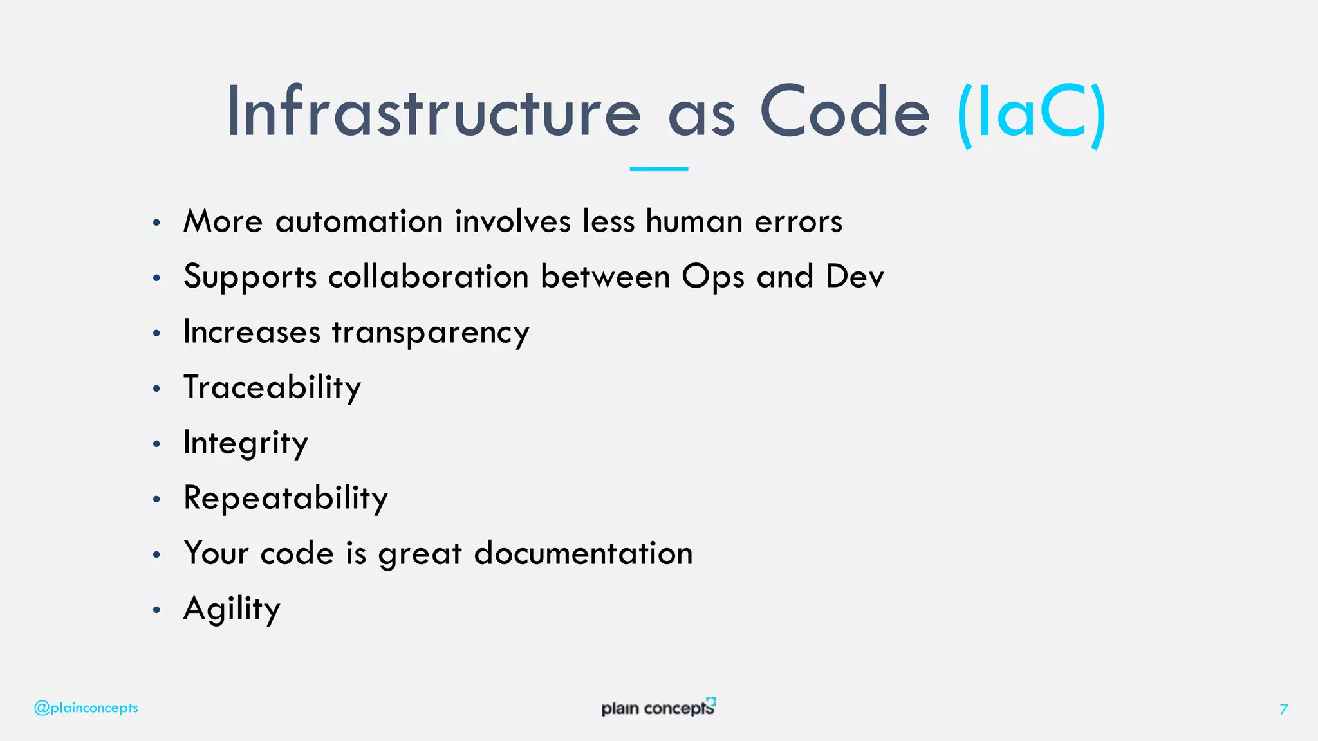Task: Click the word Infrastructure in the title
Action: tap(433, 113)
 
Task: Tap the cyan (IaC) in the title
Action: tap(1032, 114)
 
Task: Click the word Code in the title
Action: tap(844, 113)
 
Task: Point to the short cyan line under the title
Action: tap(658, 169)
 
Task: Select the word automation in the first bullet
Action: tap(359, 222)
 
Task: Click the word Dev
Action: tap(855, 277)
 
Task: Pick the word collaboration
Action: tap(428, 277)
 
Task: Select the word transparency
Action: tap(431, 333)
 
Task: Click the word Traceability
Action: tap(272, 388)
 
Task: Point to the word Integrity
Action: tap(246, 443)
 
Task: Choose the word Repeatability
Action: tap(286, 499)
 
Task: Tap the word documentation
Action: tap(583, 553)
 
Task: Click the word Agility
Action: tap(232, 609)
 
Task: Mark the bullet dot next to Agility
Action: tap(156, 610)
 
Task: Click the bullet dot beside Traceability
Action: tap(156, 389)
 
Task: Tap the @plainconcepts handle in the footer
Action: tap(86, 708)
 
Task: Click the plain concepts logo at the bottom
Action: tap(658, 707)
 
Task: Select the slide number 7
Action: tap(1283, 709)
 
